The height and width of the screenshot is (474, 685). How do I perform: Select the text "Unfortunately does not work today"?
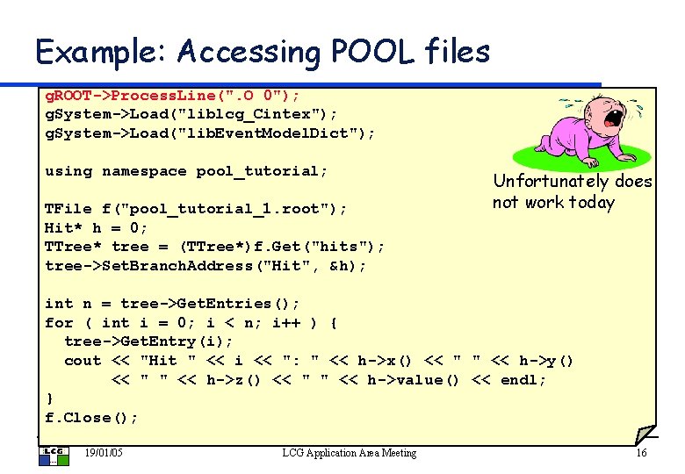572,192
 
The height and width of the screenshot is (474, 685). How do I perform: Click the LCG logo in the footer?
50,453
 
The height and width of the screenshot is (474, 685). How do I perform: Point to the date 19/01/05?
103,453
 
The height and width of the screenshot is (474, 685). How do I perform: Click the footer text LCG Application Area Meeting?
349,453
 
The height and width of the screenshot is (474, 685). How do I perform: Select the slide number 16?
640,453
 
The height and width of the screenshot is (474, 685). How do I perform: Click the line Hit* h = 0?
97,228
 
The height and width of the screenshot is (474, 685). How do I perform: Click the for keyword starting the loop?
59,323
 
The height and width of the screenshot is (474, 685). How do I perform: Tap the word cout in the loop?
83,361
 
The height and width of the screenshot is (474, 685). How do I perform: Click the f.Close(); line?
91,418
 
